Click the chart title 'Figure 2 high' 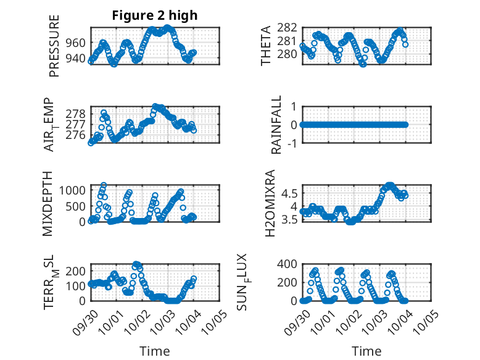coord(155,15)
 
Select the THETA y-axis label coord(266,46)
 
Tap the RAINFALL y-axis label coord(276,125)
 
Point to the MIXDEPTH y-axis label coord(49,203)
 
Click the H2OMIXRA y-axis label coord(270,203)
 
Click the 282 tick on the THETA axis coord(289,28)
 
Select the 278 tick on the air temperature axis coord(77,114)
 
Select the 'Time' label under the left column coord(155,351)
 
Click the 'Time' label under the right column coord(366,351)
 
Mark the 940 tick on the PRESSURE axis coord(77,59)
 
